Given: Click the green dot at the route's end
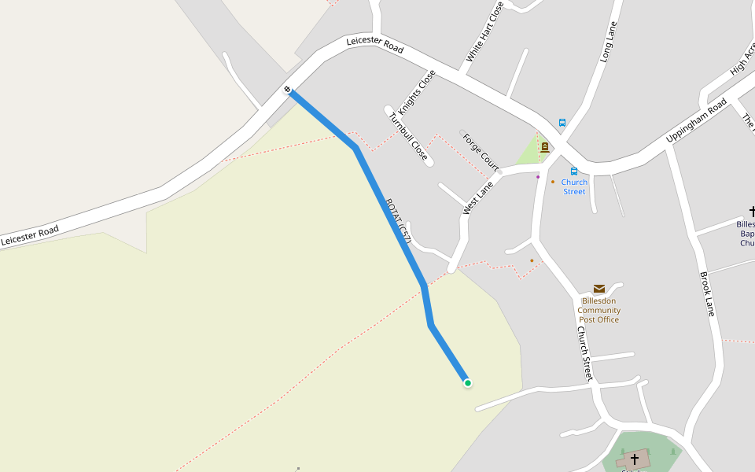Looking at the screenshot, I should pyautogui.click(x=468, y=383).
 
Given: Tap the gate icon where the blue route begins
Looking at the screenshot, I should pyautogui.click(x=288, y=90).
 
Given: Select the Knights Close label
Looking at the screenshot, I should pyautogui.click(x=417, y=92).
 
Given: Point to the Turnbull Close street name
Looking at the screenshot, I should pyautogui.click(x=408, y=137).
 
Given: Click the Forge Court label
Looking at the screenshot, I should pyautogui.click(x=480, y=152).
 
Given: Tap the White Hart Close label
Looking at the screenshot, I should pyautogui.click(x=484, y=31).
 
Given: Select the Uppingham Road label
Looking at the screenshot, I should pyautogui.click(x=696, y=120).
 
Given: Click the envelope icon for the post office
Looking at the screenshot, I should pyautogui.click(x=599, y=289).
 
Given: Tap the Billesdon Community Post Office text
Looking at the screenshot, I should pyautogui.click(x=599, y=310).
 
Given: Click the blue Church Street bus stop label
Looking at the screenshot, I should pyautogui.click(x=574, y=187).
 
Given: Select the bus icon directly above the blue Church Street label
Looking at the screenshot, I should pyautogui.click(x=574, y=171).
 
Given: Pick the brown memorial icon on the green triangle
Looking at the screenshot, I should pyautogui.click(x=544, y=147).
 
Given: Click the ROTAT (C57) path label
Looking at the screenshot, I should pyautogui.click(x=399, y=221).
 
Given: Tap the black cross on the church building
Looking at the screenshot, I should pyautogui.click(x=635, y=458).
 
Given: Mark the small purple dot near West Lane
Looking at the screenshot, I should pyautogui.click(x=538, y=177).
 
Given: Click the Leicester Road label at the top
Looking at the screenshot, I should pyautogui.click(x=375, y=45).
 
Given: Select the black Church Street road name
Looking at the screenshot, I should pyautogui.click(x=585, y=354).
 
